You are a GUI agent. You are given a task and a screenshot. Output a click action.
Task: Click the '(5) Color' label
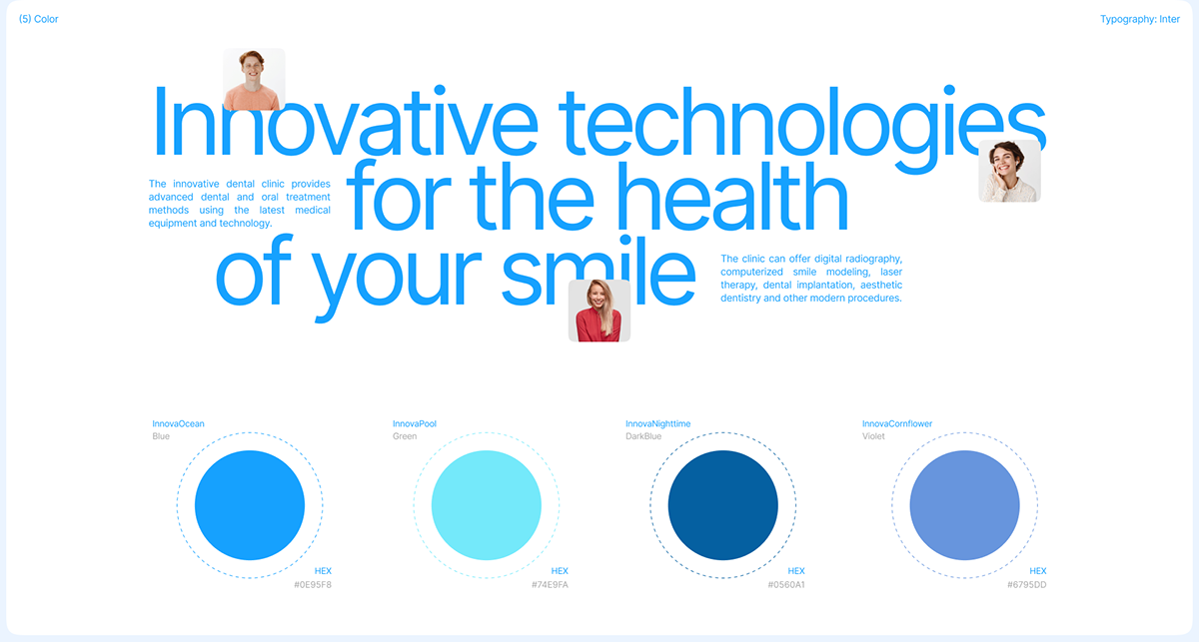tap(39, 19)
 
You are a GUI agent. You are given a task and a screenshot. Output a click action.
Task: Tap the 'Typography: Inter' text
tap(1140, 19)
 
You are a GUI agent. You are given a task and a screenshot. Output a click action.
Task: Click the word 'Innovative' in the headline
tap(346, 121)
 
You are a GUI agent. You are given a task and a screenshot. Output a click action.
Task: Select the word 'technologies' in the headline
tap(801, 130)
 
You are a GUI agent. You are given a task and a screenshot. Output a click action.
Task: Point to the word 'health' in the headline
tap(732, 196)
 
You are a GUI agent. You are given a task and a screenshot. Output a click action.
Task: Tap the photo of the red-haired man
tap(254, 79)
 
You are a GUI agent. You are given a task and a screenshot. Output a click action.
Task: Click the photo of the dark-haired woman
tap(1009, 171)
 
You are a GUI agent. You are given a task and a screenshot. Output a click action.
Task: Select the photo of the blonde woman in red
tap(599, 311)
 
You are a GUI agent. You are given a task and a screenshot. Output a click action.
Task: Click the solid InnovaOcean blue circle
tap(250, 505)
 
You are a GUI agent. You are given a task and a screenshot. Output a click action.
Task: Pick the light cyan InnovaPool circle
tap(486, 505)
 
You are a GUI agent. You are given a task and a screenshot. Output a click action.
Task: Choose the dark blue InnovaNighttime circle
tap(722, 505)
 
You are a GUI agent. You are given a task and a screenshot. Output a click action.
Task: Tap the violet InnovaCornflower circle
tap(964, 505)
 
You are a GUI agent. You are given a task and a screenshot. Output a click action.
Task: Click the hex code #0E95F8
tap(313, 585)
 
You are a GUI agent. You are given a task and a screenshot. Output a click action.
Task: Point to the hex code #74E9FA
tap(550, 585)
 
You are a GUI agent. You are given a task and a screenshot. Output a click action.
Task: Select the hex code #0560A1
tap(786, 585)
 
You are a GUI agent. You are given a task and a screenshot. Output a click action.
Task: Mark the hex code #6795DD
tap(1027, 585)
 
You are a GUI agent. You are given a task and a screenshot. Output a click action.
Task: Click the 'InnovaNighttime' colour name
tap(657, 423)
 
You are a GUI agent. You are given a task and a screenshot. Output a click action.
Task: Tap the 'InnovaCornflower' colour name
tap(897, 423)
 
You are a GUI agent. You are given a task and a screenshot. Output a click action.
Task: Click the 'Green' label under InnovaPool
tap(405, 436)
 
